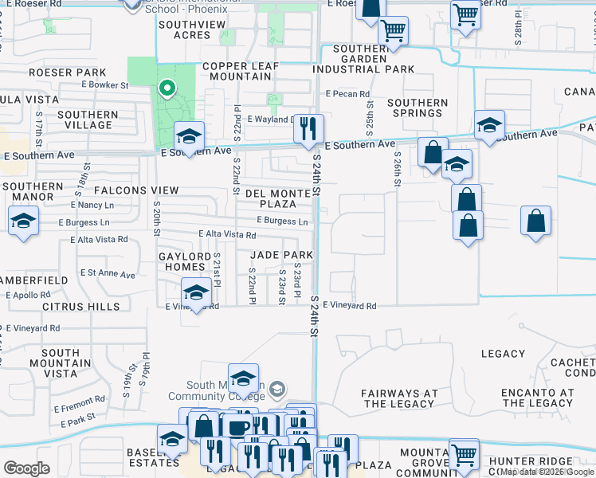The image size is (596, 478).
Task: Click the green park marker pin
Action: click(x=167, y=88)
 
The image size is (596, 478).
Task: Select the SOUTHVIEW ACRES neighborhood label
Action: click(x=185, y=30)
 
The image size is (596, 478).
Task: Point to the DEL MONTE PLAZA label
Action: click(x=272, y=198)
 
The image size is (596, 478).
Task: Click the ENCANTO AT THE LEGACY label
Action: click(x=538, y=398)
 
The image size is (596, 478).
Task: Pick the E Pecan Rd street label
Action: click(x=347, y=94)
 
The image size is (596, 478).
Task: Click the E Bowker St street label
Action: click(x=102, y=84)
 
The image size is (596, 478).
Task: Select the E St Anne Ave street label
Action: click(x=108, y=273)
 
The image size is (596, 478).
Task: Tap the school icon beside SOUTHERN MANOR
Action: click(x=24, y=220)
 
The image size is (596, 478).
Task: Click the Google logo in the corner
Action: click(x=26, y=468)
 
